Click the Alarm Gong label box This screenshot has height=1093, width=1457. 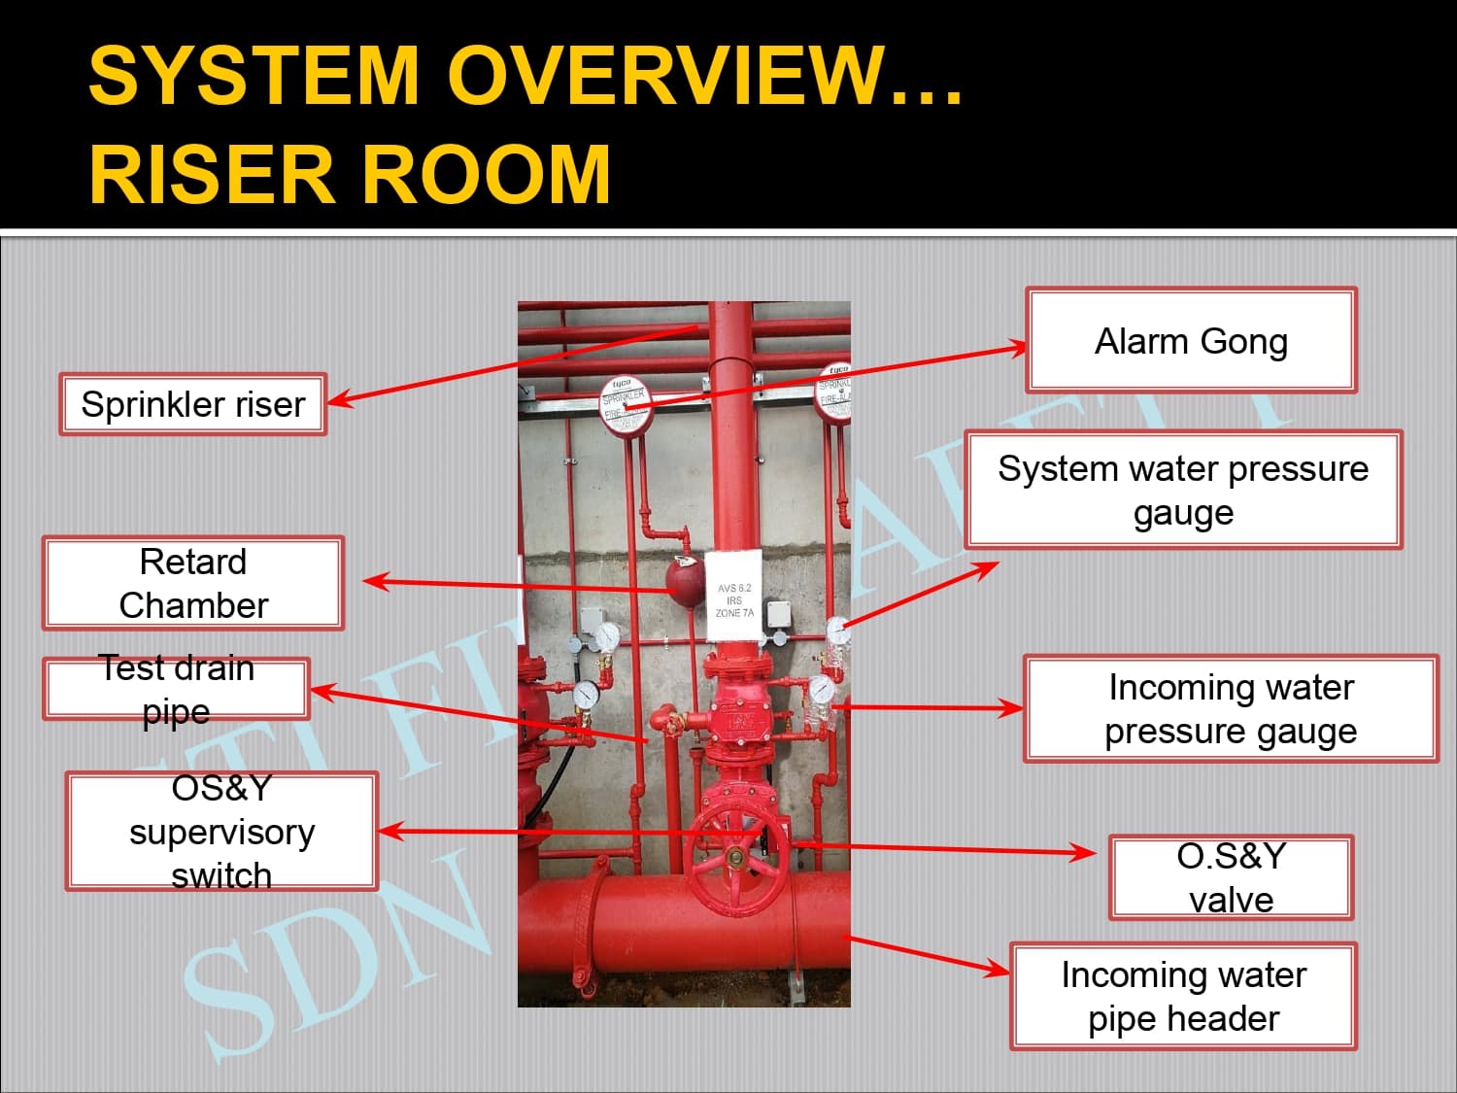pos(1191,340)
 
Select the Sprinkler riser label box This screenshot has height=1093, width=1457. pos(192,404)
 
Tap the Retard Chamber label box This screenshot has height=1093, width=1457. pos(193,583)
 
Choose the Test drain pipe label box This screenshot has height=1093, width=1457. pos(176,689)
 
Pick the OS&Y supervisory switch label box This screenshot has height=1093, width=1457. pos(221,832)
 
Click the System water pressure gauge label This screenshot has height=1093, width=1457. pos(1183,490)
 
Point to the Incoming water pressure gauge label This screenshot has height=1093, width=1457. pos(1231,708)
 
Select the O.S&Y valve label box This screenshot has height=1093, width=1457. pos(1231,877)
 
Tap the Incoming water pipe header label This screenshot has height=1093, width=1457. pos(1183,996)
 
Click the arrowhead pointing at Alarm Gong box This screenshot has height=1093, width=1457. pos(1017,347)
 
